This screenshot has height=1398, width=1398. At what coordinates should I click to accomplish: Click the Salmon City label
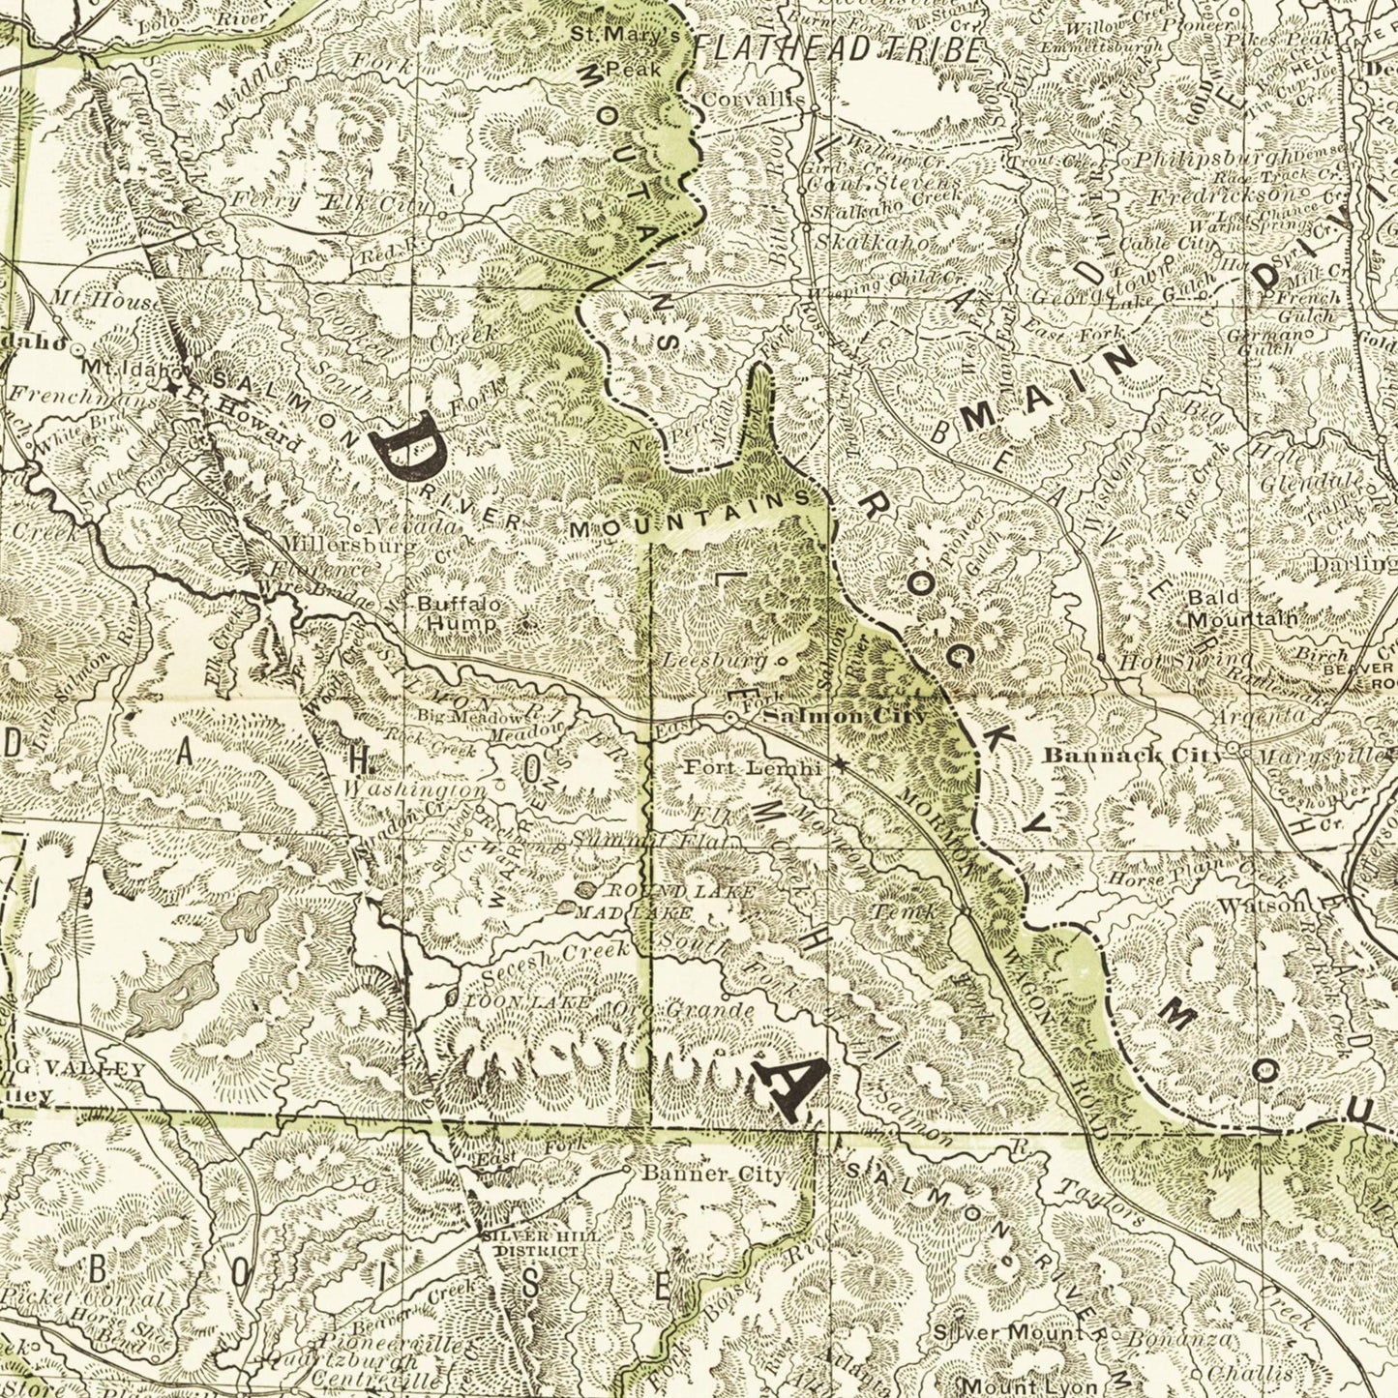844,717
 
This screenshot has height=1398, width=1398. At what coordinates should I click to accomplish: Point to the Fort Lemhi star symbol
840,765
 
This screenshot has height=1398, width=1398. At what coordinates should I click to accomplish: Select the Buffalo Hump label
460,613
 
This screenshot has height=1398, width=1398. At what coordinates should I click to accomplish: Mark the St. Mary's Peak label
626,50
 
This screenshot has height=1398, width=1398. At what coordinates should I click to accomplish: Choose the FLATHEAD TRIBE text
837,50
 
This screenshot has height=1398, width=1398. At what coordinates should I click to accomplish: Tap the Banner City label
714,1175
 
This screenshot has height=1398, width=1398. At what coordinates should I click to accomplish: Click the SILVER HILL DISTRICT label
537,1243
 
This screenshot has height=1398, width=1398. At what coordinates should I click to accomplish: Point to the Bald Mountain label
1242,609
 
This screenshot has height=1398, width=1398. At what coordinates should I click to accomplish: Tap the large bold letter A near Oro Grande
796,1087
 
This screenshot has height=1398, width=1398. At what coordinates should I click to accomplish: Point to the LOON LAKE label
527,1002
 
